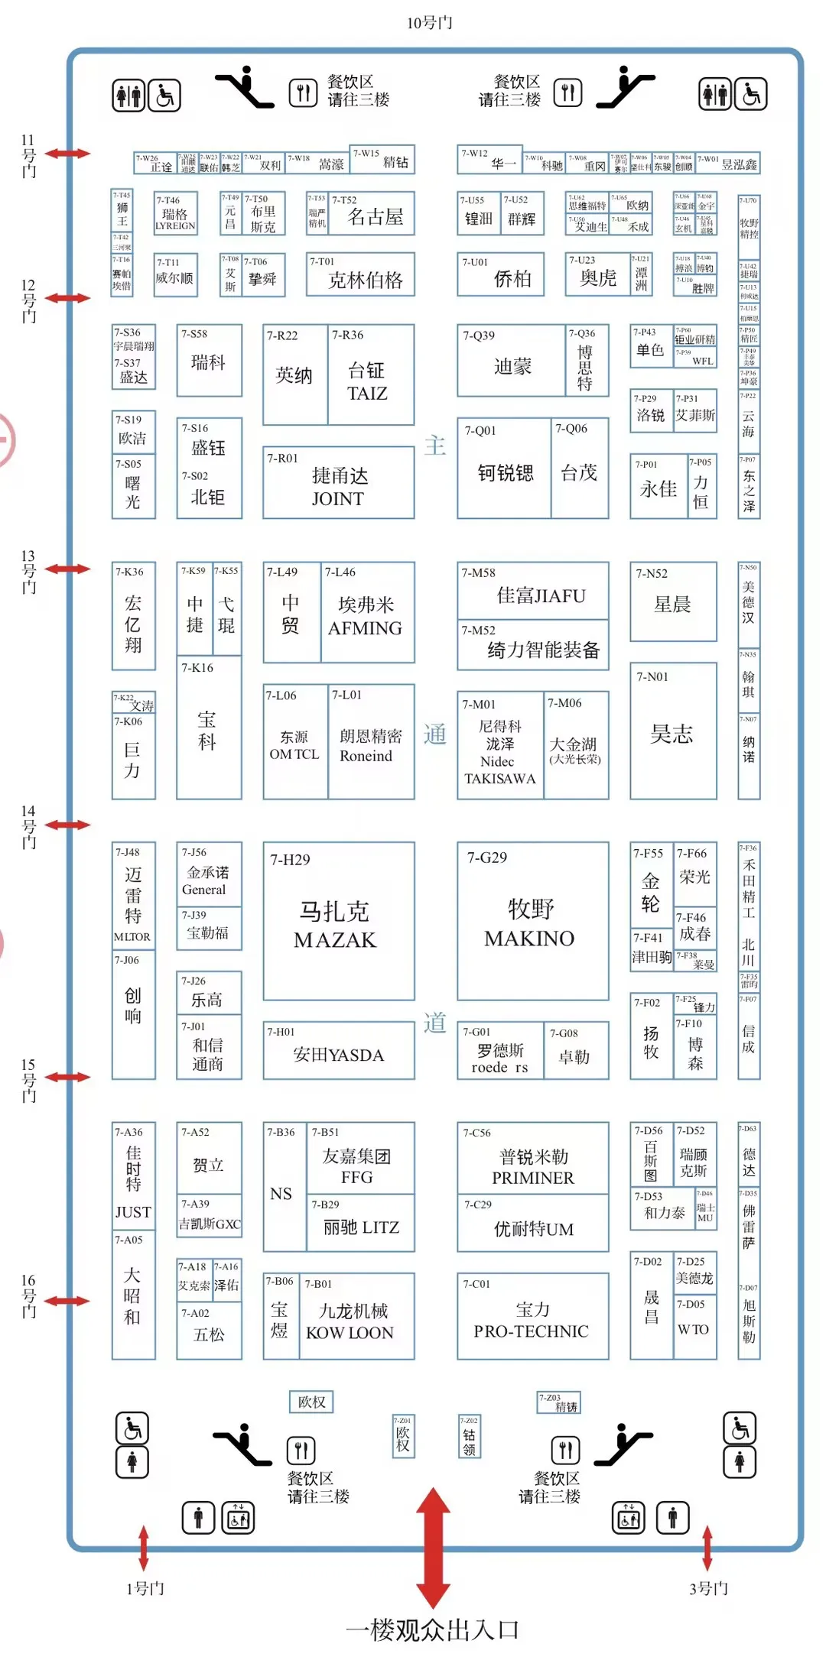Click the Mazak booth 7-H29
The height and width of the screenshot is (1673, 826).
coord(338,921)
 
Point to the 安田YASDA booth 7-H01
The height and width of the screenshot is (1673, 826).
coord(338,1050)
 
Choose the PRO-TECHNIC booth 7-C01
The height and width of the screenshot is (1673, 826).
coord(532,1316)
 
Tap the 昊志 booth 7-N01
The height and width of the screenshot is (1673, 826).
coord(672,731)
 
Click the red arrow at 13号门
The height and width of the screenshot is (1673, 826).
coord(67,569)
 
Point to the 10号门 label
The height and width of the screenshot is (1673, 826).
coord(429,23)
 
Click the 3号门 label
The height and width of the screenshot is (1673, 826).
coord(708,1589)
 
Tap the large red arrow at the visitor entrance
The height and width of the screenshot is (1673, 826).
coord(433,1548)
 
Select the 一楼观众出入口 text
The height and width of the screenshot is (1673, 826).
coord(432,1630)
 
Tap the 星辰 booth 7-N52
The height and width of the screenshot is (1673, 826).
coord(672,601)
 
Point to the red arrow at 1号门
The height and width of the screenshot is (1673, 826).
coord(143,1548)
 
